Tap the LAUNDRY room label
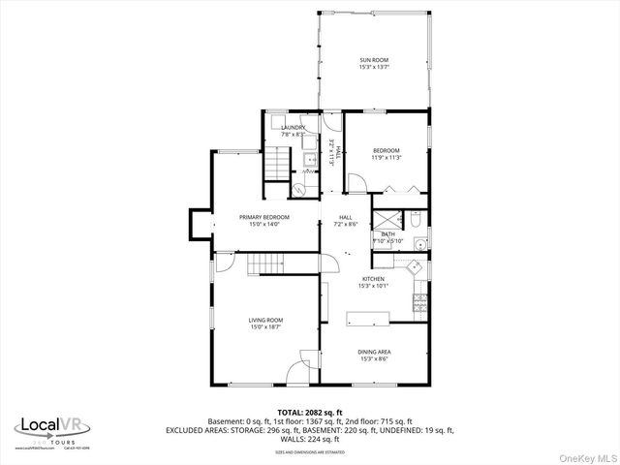(x=294, y=128)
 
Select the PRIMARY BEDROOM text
(x=263, y=217)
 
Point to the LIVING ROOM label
(x=266, y=321)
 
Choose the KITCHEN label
(x=373, y=279)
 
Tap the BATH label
(x=387, y=233)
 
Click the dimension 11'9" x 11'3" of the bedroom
(x=387, y=158)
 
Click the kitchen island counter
(x=369, y=316)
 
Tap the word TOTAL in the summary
(x=294, y=412)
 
